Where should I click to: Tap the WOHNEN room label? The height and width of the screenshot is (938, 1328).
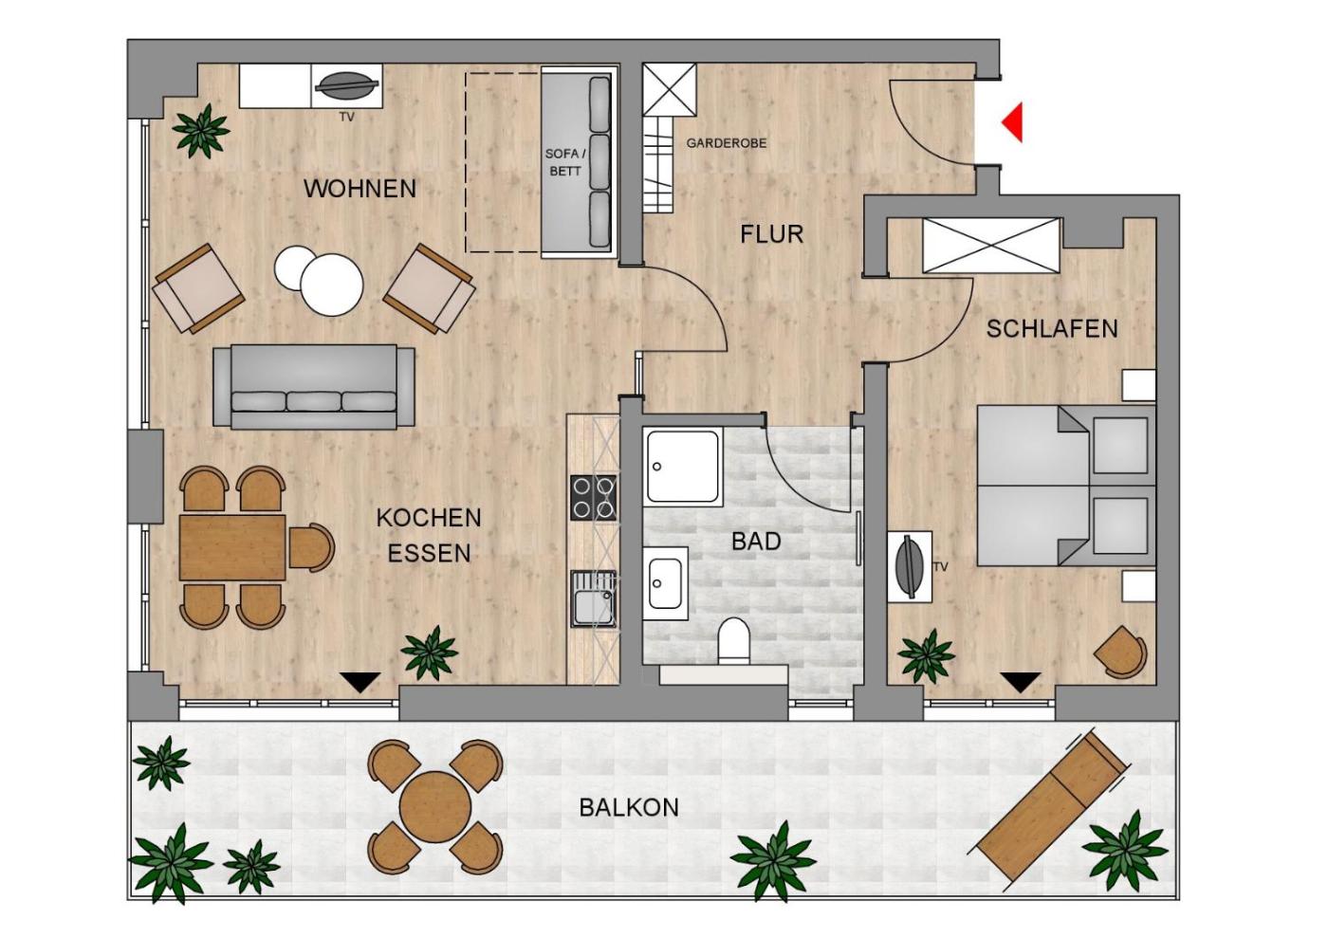pyautogui.click(x=360, y=189)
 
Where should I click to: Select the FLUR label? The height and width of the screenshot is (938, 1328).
pyautogui.click(x=771, y=234)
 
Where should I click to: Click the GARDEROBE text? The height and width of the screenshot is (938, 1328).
pyautogui.click(x=727, y=143)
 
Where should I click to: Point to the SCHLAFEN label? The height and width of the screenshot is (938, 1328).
pyautogui.click(x=1052, y=328)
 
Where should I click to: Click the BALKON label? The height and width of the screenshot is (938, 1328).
pyautogui.click(x=629, y=807)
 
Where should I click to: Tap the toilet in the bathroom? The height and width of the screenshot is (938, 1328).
pyautogui.click(x=733, y=642)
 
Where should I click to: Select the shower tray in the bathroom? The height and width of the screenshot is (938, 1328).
pyautogui.click(x=683, y=468)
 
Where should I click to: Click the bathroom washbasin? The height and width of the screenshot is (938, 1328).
pyautogui.click(x=665, y=583)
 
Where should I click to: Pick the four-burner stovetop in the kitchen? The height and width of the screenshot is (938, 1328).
pyautogui.click(x=593, y=498)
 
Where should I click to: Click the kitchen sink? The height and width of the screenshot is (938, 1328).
pyautogui.click(x=593, y=598)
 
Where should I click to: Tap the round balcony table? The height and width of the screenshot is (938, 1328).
pyautogui.click(x=435, y=806)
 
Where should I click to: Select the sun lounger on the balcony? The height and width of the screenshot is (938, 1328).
pyautogui.click(x=1053, y=807)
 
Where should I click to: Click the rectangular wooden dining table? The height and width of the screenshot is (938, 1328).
pyautogui.click(x=232, y=547)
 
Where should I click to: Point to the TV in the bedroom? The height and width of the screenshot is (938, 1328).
pyautogui.click(x=909, y=567)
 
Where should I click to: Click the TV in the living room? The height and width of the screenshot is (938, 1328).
pyautogui.click(x=347, y=86)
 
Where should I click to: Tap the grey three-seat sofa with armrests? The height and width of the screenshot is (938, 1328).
pyautogui.click(x=314, y=386)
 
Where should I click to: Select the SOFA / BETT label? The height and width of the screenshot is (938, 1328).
pyautogui.click(x=565, y=162)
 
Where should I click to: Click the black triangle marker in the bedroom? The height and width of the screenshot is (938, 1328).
pyautogui.click(x=1020, y=683)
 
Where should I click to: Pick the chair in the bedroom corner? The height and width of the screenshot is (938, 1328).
pyautogui.click(x=1120, y=653)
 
